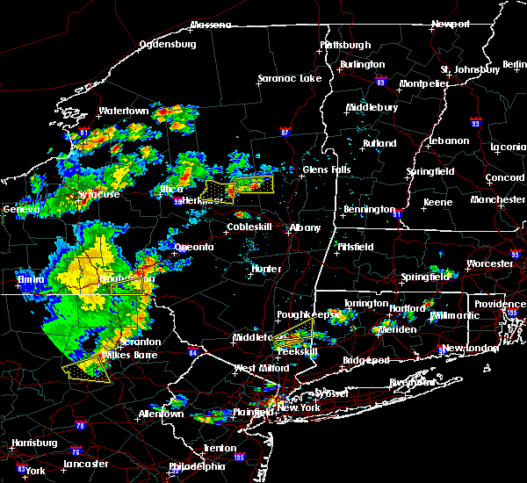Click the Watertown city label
[123, 112]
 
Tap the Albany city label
[306, 227]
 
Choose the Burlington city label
[363, 64]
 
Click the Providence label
[500, 304]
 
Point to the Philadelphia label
[197, 466]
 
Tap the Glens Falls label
[328, 170]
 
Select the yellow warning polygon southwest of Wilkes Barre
[86, 370]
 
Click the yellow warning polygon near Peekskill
[294, 338]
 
